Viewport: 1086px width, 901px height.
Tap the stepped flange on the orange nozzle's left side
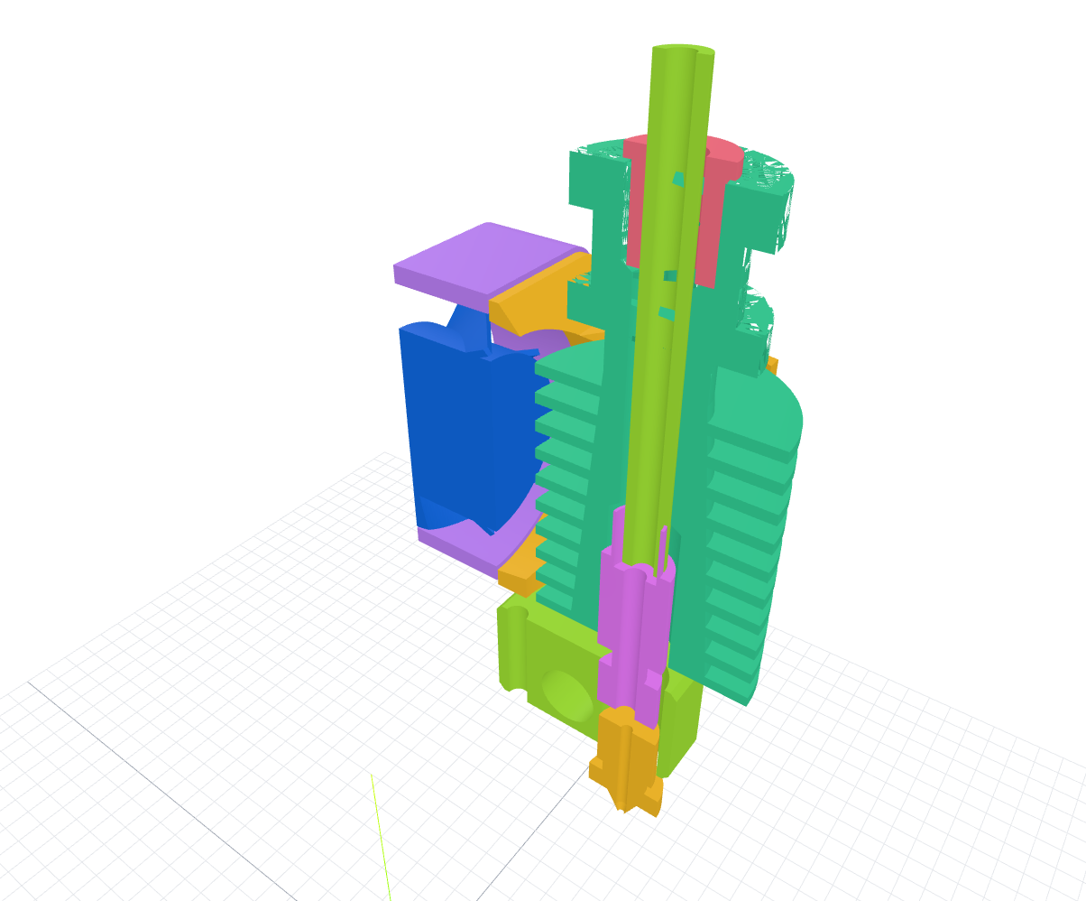click(x=598, y=768)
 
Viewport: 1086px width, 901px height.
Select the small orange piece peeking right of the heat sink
click(x=772, y=365)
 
